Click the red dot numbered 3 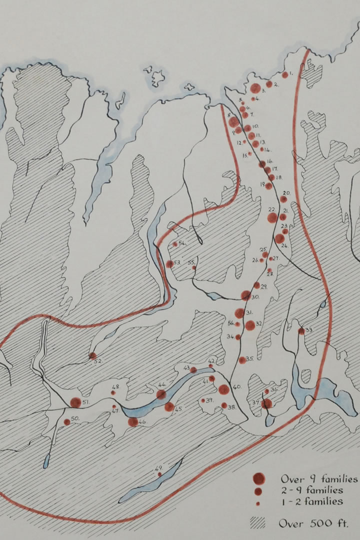(x=255, y=88)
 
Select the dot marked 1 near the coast (x=285, y=75)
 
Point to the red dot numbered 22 (x=272, y=218)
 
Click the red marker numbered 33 (x=301, y=331)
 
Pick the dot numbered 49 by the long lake (x=159, y=474)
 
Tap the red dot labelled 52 (x=92, y=355)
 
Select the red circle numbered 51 (x=75, y=402)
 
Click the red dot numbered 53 (x=169, y=263)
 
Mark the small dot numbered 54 (x=175, y=244)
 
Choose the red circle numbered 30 (x=245, y=295)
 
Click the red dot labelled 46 (x=132, y=421)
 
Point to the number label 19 (x=262, y=184)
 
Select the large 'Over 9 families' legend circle (x=258, y=478)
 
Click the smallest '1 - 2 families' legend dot (x=258, y=503)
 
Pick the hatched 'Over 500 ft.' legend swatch (x=257, y=523)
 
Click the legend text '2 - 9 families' (x=311, y=490)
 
